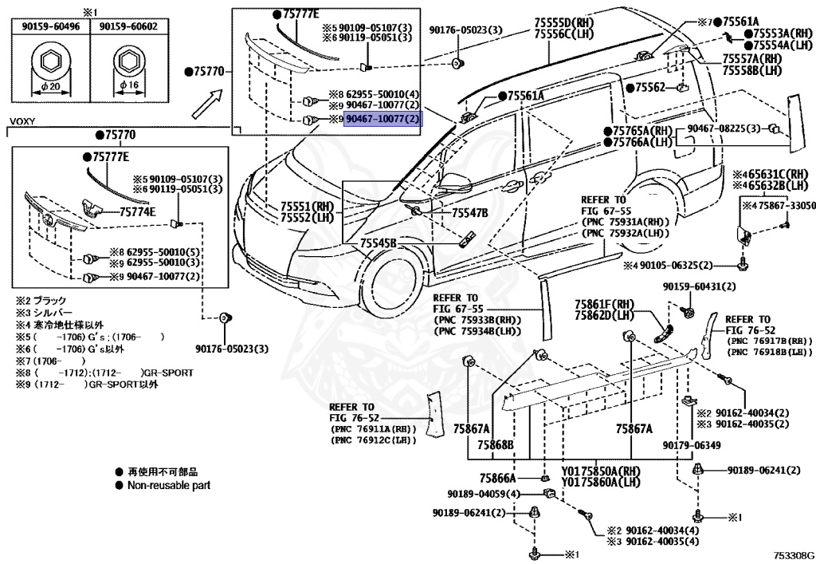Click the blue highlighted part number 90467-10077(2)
click(x=382, y=120)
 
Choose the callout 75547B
click(x=469, y=213)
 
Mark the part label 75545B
click(x=378, y=242)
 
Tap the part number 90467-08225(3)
click(x=723, y=128)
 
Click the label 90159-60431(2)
click(x=699, y=286)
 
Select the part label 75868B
click(x=496, y=444)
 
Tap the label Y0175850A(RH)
click(x=601, y=471)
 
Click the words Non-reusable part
click(x=168, y=485)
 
